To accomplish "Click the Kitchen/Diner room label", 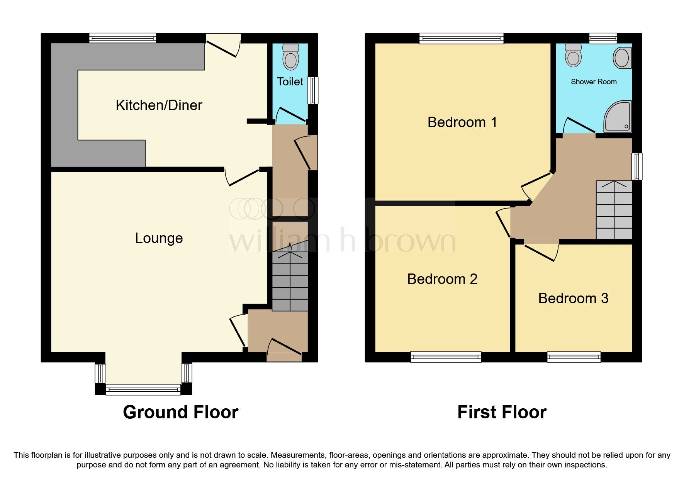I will [x=159, y=105].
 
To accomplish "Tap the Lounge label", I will [x=159, y=238].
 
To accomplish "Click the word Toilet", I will [x=290, y=82].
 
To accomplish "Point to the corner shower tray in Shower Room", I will [x=618, y=116].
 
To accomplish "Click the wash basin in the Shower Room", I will [x=622, y=58].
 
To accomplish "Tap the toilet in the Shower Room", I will [x=573, y=55].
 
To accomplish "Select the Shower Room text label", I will [x=594, y=82].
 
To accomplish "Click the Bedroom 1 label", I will [x=462, y=122].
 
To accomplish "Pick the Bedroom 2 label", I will [x=442, y=279].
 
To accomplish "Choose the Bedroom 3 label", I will [x=573, y=298].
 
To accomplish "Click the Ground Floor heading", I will [x=180, y=412].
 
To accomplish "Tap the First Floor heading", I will [x=502, y=412].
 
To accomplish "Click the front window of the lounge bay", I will [x=143, y=389].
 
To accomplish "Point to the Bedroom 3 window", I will [x=574, y=357].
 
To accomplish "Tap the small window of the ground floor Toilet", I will [x=312, y=90].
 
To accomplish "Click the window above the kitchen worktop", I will [x=122, y=38].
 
